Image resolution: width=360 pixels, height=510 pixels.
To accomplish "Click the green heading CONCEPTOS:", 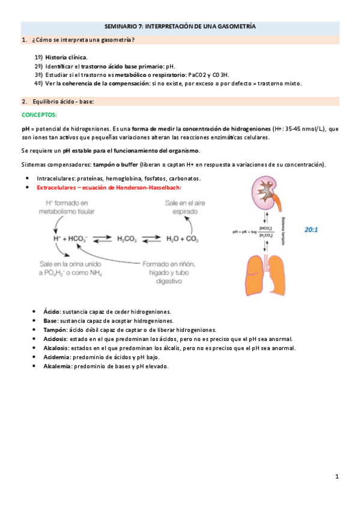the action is [x=39, y=114].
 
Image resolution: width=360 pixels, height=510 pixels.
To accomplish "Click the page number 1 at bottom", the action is [x=337, y=478].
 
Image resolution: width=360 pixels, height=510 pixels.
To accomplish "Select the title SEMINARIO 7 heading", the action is [x=180, y=27].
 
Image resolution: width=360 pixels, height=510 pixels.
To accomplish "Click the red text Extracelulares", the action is [x=61, y=188].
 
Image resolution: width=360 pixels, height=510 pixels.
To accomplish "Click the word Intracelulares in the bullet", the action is [x=58, y=179].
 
